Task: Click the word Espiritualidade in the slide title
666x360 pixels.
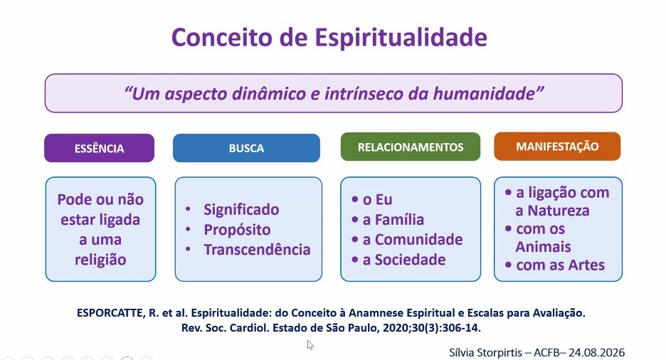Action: point(401,38)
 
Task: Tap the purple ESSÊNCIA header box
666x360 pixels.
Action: point(100,148)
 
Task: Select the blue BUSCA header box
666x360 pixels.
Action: point(246,148)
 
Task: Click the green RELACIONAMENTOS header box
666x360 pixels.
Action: point(411,147)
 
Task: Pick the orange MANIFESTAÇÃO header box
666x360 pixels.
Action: point(557,147)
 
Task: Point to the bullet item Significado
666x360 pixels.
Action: point(241,209)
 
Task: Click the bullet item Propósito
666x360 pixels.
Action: point(237,230)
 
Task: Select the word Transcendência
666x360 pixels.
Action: point(257,249)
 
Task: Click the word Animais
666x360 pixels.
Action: point(543,247)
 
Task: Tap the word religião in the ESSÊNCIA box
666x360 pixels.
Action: point(100,260)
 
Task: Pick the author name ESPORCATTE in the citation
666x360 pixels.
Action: point(110,313)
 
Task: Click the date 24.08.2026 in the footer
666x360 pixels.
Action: point(597,353)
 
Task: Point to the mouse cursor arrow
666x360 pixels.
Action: point(310,344)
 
